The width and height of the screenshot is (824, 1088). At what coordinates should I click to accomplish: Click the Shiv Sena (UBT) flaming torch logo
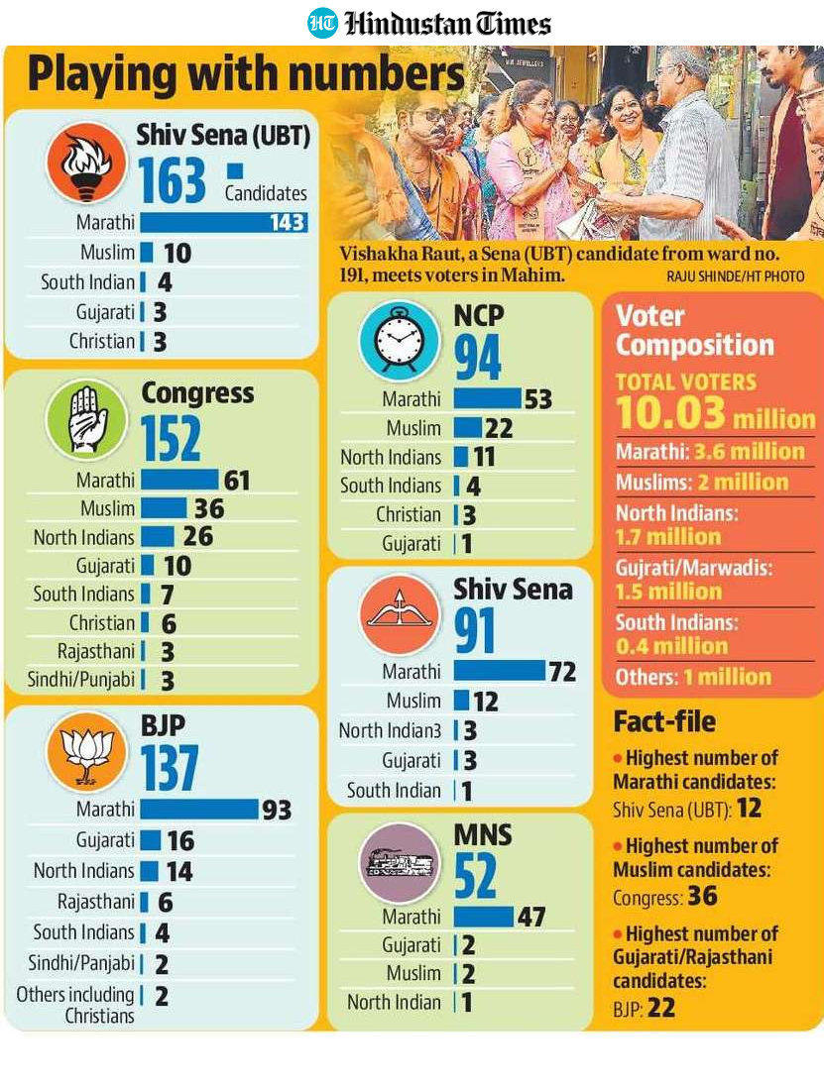86,163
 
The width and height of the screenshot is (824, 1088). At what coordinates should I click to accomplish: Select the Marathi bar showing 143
223,222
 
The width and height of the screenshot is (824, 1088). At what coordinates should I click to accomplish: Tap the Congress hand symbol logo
86,420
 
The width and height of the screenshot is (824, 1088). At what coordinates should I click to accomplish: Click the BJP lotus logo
86,752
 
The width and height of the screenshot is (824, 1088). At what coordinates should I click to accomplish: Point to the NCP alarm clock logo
400,340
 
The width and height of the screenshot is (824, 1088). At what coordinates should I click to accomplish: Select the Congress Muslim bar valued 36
164,508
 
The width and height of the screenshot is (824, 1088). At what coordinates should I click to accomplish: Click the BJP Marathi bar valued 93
199,809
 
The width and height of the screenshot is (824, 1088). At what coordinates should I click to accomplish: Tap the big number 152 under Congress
171,439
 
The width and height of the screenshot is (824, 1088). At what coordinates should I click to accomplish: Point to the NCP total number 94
478,358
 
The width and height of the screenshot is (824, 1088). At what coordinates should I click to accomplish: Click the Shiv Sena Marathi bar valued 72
500,671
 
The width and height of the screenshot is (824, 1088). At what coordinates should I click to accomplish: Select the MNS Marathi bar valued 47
484,917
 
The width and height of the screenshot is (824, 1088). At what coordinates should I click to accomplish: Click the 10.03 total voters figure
670,413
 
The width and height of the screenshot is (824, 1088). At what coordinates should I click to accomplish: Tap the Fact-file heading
664,721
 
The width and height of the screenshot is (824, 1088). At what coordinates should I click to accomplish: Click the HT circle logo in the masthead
323,23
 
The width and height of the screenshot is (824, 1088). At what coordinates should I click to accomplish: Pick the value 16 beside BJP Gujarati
180,841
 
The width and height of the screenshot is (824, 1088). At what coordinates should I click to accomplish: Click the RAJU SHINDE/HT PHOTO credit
735,276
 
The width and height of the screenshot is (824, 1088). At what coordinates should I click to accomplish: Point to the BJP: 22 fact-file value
645,1008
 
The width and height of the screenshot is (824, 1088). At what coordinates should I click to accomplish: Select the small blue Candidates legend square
235,170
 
